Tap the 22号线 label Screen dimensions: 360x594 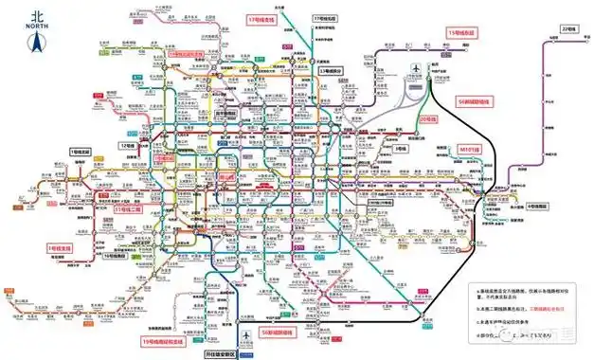tap(569, 29)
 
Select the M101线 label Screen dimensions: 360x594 tap(471, 149)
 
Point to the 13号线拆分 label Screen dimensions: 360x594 tap(333, 71)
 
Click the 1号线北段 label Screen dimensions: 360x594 tap(84, 152)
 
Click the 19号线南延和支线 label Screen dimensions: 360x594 tap(164, 340)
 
